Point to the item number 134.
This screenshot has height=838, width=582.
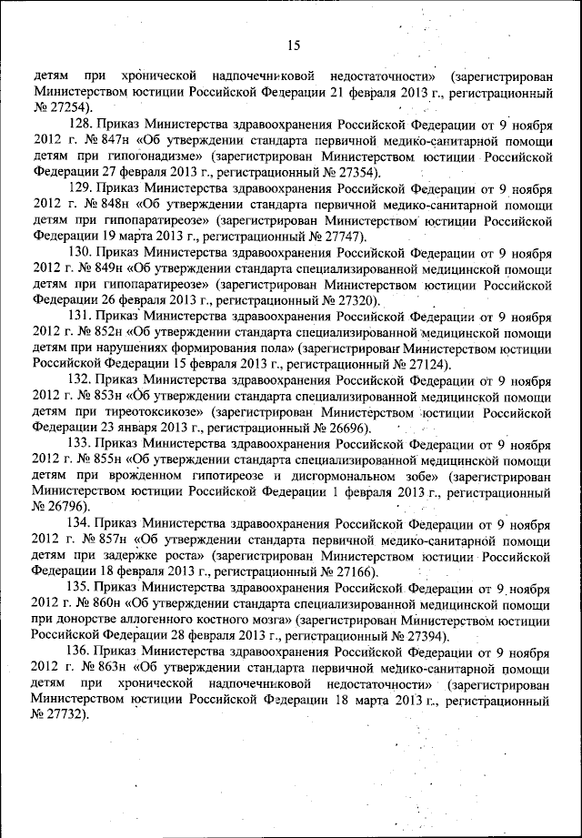tap(82, 525)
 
